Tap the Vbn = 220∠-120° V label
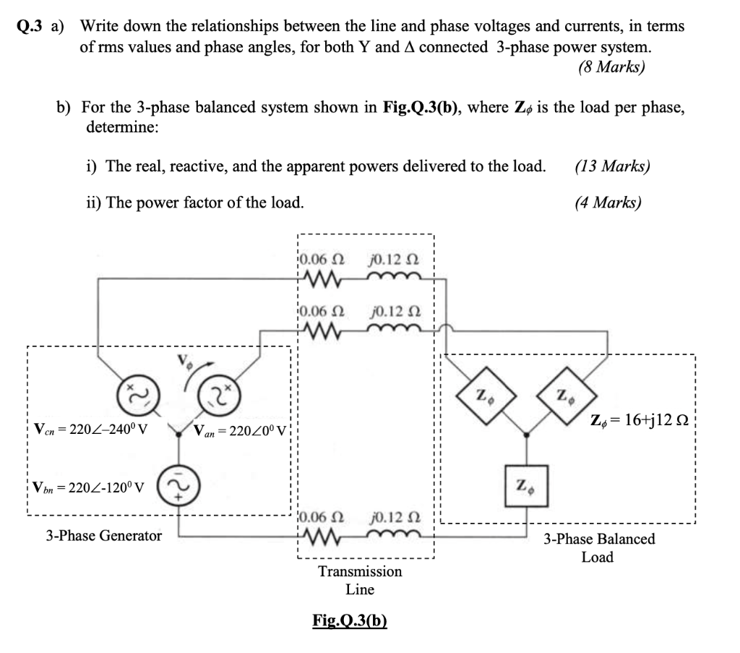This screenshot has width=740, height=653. (88, 487)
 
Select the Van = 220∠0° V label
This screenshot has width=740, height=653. (241, 430)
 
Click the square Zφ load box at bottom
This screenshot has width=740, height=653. (526, 486)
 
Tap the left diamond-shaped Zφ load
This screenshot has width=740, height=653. (486, 395)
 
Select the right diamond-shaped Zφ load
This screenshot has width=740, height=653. (567, 395)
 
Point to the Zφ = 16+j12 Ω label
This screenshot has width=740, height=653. (640, 419)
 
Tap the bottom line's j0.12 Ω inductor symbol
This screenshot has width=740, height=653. (395, 535)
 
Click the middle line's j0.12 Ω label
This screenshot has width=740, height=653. (395, 312)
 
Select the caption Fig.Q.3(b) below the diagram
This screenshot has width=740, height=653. (350, 620)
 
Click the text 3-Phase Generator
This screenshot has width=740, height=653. (103, 535)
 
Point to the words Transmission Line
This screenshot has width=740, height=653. (360, 580)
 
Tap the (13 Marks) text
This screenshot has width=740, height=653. (612, 166)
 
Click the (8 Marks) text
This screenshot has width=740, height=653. (611, 67)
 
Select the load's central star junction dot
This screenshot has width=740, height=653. (526, 435)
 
